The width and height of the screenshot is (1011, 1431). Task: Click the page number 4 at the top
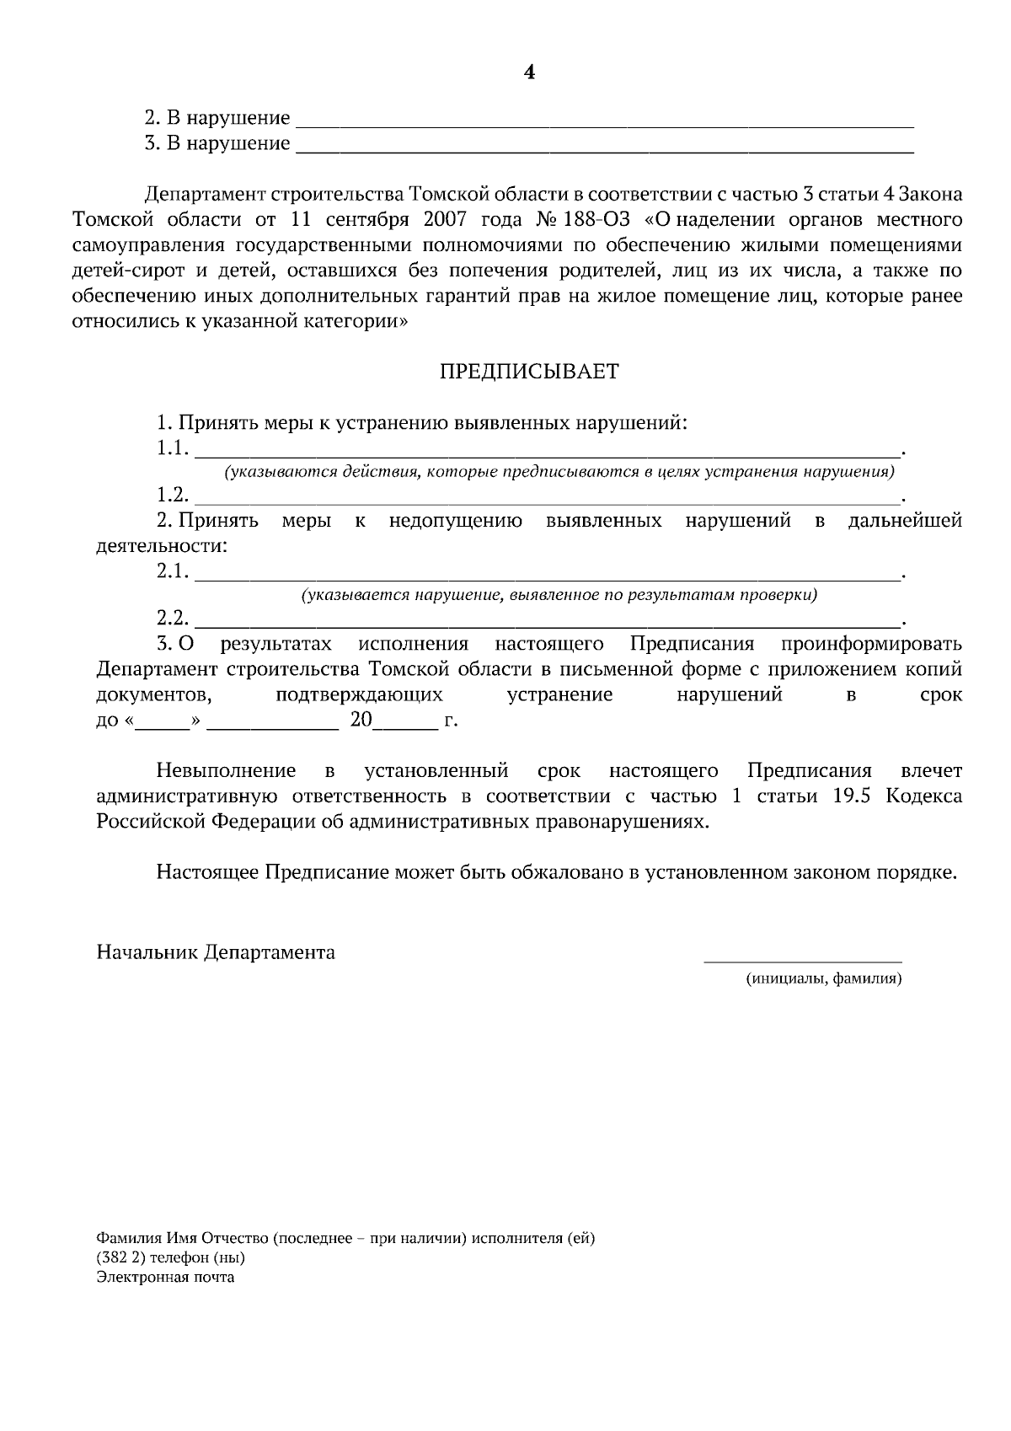(529, 72)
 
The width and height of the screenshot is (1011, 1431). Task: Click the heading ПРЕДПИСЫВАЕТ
(529, 372)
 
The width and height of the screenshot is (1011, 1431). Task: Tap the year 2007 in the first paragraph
(447, 221)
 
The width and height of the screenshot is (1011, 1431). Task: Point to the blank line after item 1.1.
(548, 453)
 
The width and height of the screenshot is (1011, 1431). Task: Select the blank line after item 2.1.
(548, 577)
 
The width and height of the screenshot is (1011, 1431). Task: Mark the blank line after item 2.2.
(548, 624)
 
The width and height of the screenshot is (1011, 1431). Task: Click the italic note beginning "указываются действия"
(559, 472)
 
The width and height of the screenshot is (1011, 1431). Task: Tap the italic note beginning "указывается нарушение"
(559, 596)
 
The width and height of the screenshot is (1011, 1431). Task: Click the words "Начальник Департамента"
(216, 953)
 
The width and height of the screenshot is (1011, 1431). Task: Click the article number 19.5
(852, 797)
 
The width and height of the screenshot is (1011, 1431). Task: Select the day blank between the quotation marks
(163, 725)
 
